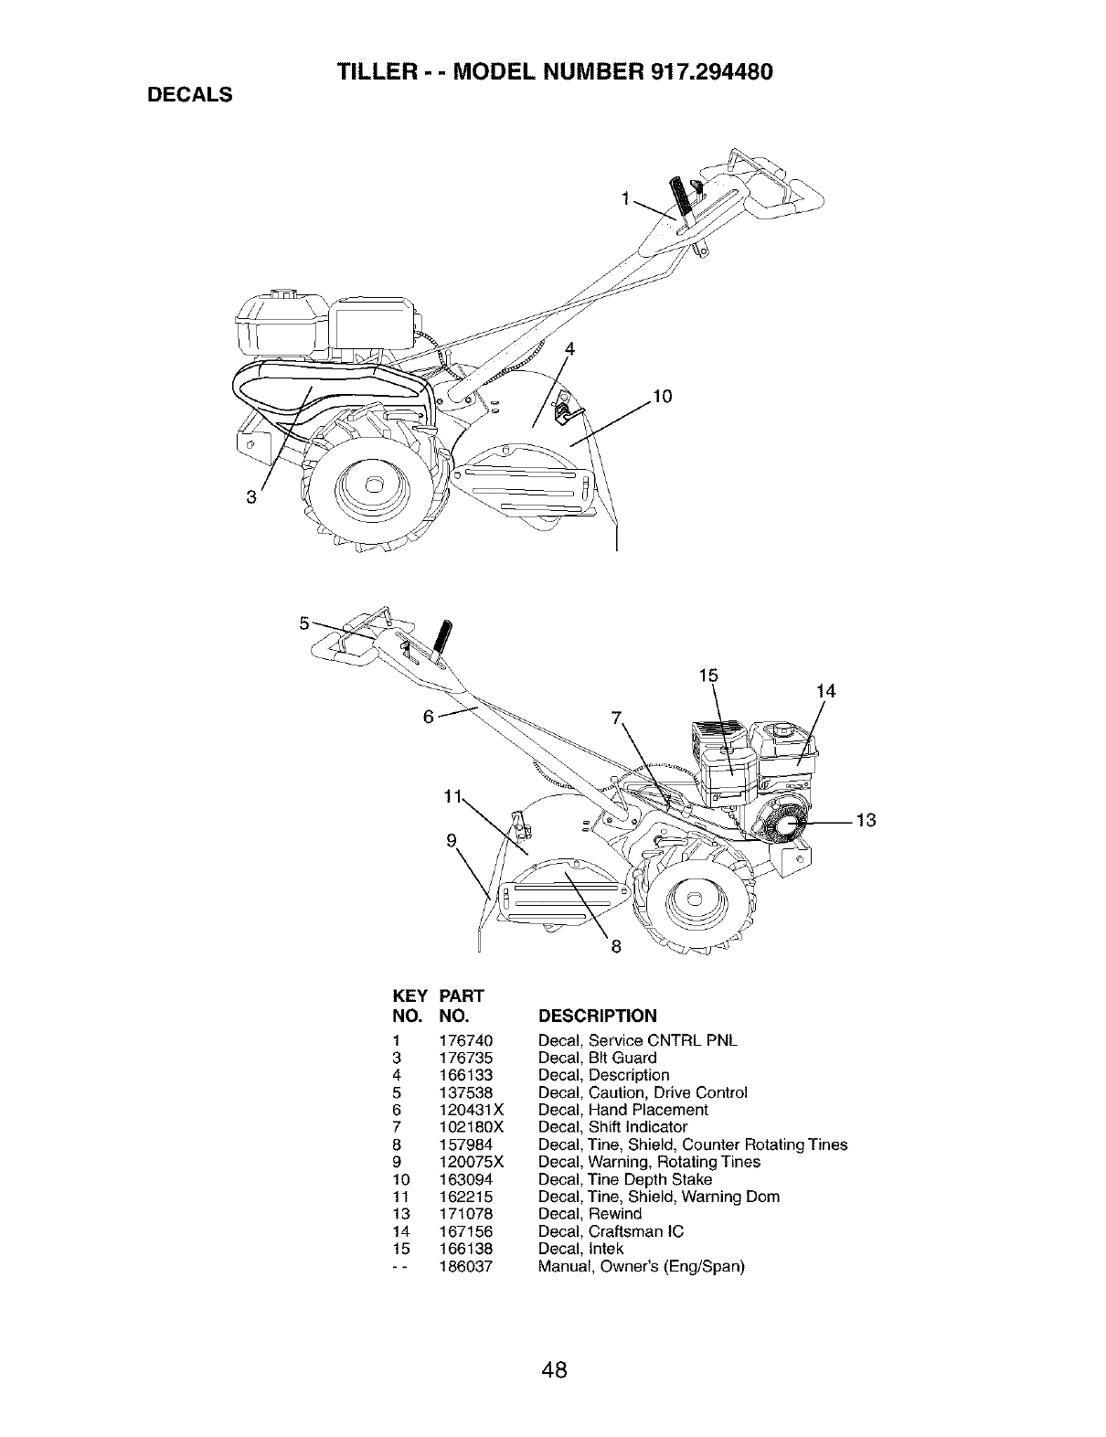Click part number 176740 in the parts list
tap(466, 1040)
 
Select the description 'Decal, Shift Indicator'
tap(612, 1127)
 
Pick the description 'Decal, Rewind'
tap(590, 1214)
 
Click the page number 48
tap(553, 1345)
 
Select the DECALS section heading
tap(188, 94)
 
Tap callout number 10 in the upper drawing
tap(662, 397)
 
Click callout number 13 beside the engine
tap(867, 820)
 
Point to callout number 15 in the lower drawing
tap(708, 676)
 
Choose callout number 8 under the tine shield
tap(615, 947)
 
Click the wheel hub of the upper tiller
tap(373, 485)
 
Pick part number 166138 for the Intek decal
tap(466, 1249)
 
